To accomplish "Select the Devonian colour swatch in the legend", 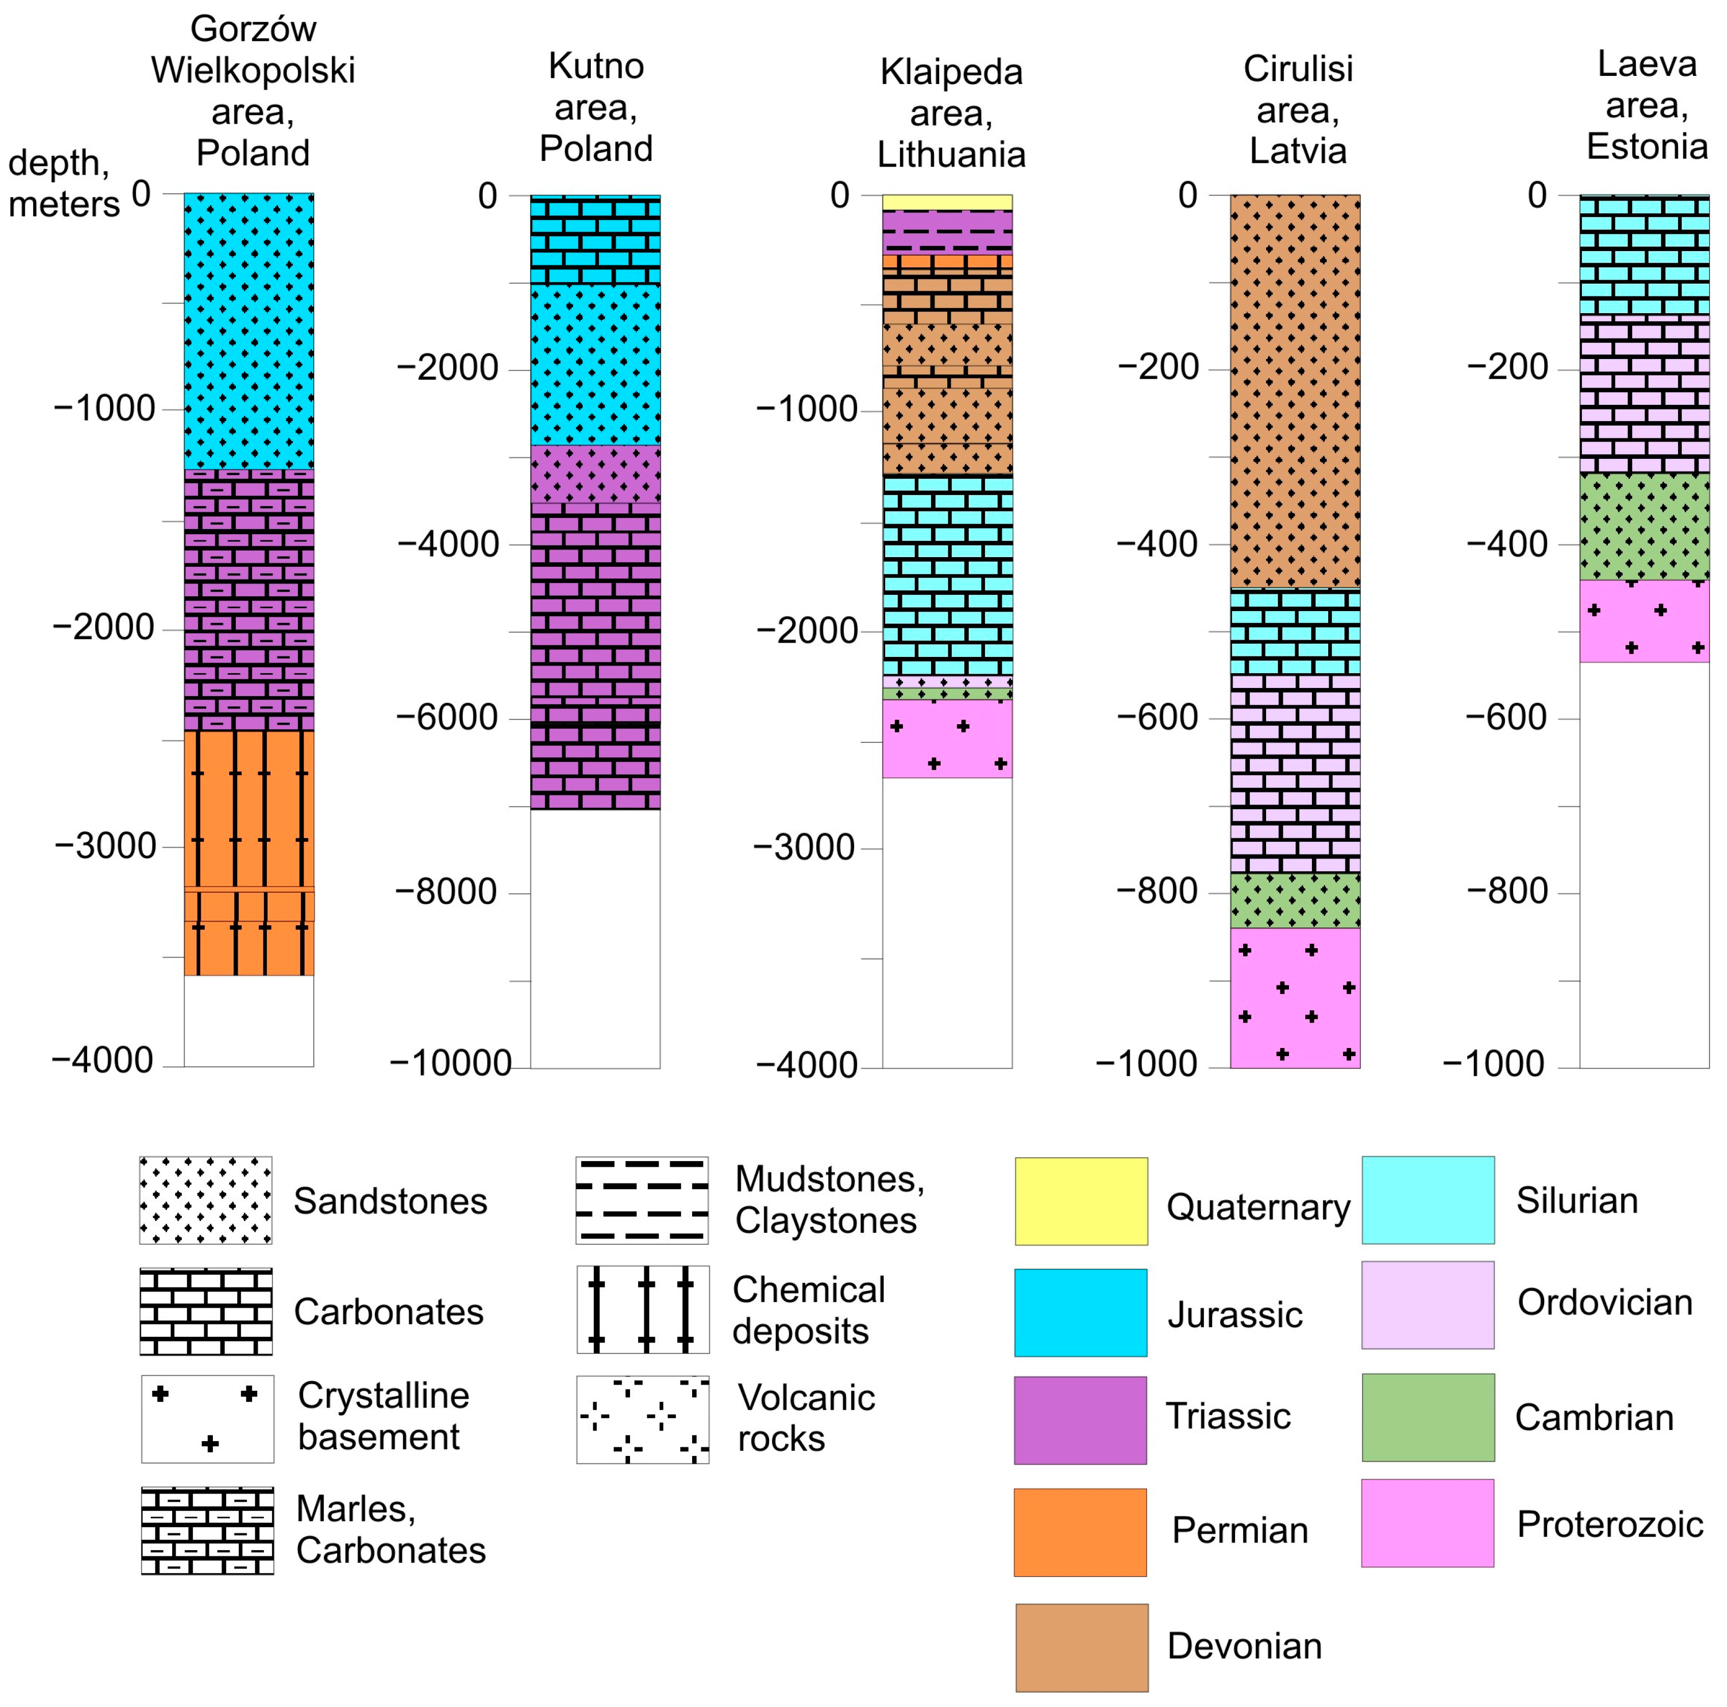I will pos(1082,1647).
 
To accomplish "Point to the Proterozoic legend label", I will pos(1609,1524).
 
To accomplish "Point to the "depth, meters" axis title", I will pos(63,183).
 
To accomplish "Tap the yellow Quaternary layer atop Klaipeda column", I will pos(947,202).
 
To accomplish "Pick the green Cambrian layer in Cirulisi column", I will pos(1295,900).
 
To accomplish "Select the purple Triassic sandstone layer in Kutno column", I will pos(595,474).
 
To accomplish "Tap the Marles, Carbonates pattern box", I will pos(207,1530).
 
